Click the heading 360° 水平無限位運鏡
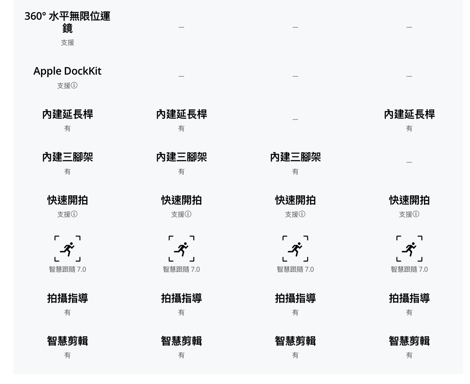coord(67,22)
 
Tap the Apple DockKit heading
coord(67,71)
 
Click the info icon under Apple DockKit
coord(74,86)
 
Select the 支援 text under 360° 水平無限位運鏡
coord(67,43)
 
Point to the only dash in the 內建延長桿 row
coord(295,119)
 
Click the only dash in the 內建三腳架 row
coord(409,162)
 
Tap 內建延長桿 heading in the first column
coord(67,114)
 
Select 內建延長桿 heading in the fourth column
coord(409,114)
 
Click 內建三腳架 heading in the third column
coord(295,157)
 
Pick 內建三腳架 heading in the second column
coord(181,157)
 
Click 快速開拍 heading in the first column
coord(67,200)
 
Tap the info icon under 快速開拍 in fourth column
coord(416,214)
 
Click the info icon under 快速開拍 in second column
coord(188,214)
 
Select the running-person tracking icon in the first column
coord(67,249)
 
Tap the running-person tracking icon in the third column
coord(295,249)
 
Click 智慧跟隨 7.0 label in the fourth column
coord(409,269)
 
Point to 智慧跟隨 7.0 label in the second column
coord(181,269)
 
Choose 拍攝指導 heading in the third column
coord(295,298)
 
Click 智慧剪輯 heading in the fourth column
coord(409,341)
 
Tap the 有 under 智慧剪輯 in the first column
coord(67,355)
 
